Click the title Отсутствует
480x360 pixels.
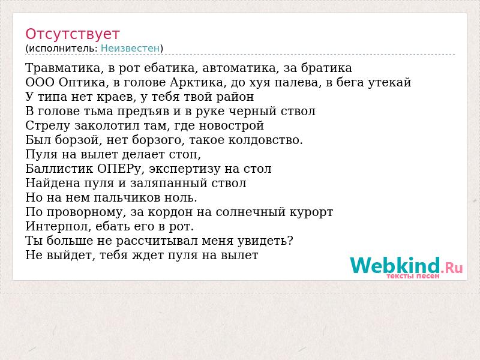(x=72, y=34)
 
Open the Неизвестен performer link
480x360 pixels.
(x=130, y=48)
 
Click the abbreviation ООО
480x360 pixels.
(x=40, y=82)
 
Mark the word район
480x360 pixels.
(x=235, y=97)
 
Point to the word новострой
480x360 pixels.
(x=232, y=125)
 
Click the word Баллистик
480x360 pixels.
(x=59, y=169)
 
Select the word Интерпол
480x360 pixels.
(x=58, y=226)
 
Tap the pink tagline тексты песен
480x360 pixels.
(x=413, y=276)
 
